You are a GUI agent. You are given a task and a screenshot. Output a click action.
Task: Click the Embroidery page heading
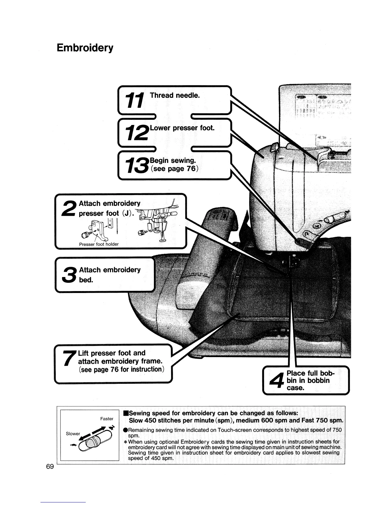[85, 48]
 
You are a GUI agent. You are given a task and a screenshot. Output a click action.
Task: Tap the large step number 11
[135, 99]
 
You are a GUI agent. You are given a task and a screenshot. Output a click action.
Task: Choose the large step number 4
[276, 381]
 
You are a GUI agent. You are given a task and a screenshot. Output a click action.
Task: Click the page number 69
[50, 467]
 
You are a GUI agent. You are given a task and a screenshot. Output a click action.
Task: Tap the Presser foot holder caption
[99, 244]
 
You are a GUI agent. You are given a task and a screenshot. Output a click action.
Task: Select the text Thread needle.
[175, 95]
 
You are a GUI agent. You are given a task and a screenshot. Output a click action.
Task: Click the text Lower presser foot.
[182, 128]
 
